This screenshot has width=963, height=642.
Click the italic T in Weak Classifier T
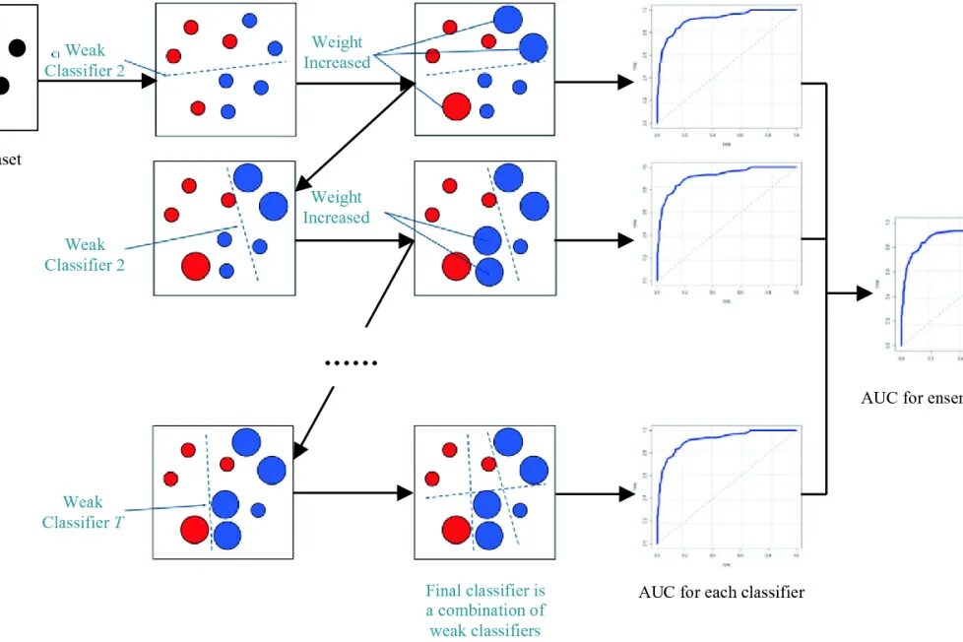[119, 523]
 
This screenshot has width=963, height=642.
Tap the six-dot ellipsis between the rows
[352, 363]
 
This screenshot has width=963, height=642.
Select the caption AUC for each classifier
[721, 593]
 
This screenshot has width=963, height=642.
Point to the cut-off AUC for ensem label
[911, 399]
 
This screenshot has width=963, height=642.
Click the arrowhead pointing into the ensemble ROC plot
[865, 292]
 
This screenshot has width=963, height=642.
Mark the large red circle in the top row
[456, 106]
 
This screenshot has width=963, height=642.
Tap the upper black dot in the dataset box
[17, 46]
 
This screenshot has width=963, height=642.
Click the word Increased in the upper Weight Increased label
[337, 62]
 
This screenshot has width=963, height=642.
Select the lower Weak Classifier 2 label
[85, 254]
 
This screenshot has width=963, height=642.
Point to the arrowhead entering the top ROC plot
[624, 83]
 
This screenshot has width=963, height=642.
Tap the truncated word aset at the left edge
[10, 160]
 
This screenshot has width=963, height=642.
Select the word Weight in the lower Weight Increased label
[337, 198]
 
